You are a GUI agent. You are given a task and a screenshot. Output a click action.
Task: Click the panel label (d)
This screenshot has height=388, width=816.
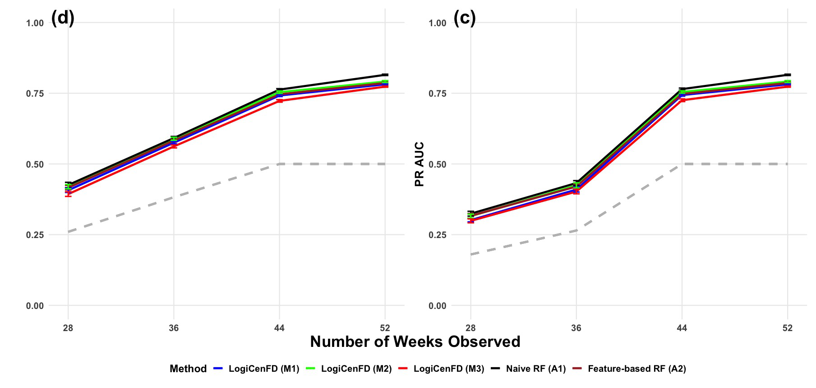[63, 18]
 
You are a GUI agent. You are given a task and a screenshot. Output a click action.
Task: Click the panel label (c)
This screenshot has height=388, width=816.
[465, 18]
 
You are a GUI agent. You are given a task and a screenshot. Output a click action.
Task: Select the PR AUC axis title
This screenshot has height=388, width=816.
[420, 164]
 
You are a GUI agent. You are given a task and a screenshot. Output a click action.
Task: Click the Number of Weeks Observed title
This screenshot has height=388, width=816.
[415, 341]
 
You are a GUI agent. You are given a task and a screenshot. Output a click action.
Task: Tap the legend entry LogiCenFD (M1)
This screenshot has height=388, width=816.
[257, 369]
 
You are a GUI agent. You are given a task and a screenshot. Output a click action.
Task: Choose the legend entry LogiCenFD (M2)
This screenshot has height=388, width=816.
[349, 369]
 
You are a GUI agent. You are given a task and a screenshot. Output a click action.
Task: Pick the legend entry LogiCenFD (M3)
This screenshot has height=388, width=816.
[441, 369]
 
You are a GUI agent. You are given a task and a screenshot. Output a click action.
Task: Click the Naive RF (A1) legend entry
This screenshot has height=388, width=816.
[528, 369]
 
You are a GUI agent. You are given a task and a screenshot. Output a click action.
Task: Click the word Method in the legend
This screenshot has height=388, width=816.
[188, 369]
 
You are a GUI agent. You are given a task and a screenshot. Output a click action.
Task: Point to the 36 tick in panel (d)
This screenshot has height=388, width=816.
[174, 328]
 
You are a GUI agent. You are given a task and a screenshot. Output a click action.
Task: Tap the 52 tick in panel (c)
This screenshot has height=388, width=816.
[788, 328]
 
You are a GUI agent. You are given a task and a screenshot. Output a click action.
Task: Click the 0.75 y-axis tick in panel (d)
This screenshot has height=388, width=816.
[35, 93]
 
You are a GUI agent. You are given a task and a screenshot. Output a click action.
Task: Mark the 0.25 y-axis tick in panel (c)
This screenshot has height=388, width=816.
[437, 235]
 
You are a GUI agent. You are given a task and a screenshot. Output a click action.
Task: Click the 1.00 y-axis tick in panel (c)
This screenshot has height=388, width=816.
[437, 23]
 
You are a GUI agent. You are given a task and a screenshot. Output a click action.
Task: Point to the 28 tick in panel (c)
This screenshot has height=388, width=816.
[470, 328]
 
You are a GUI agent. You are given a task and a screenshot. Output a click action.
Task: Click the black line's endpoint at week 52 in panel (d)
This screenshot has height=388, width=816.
[385, 75]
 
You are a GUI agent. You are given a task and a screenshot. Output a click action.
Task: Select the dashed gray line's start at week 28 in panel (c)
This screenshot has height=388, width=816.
[470, 254]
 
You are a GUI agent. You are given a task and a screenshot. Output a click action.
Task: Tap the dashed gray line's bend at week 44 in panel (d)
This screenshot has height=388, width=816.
[279, 164]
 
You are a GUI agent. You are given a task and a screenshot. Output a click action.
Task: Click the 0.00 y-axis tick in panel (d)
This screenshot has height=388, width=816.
[35, 306]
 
